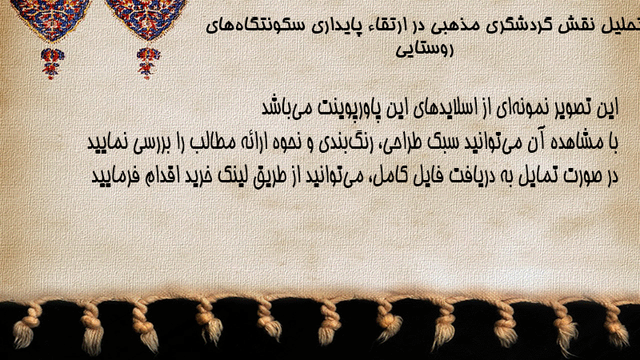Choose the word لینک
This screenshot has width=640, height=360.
point(229,176)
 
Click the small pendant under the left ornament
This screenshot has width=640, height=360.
point(52,63)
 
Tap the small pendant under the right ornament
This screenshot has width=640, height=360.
point(148,63)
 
